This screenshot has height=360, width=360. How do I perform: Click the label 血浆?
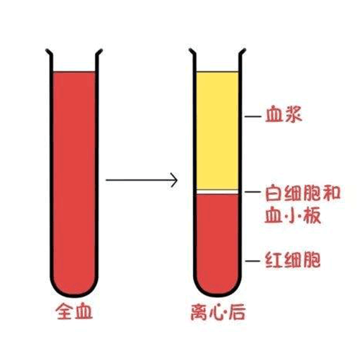click(284, 115)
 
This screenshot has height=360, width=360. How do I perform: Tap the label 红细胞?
click(293, 260)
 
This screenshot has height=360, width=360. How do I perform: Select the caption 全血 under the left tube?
click(74, 311)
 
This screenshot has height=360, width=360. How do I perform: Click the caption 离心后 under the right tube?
click(218, 312)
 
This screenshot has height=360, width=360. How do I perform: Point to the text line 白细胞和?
click(302, 193)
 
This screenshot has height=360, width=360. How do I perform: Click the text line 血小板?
click(293, 215)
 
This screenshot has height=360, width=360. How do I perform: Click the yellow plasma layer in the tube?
click(217, 131)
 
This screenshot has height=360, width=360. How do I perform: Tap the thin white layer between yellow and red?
click(217, 192)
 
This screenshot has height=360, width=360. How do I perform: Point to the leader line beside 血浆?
click(253, 117)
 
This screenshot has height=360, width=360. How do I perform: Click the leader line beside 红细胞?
click(253, 261)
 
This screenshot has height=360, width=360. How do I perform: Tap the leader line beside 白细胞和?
click(253, 192)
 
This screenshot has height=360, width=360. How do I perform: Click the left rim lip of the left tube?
click(48, 52)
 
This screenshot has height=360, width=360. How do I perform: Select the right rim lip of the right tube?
click(243, 52)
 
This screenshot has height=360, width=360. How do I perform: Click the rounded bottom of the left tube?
click(74, 296)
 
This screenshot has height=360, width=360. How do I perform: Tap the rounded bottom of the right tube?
click(217, 295)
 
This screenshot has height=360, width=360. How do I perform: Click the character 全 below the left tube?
click(64, 311)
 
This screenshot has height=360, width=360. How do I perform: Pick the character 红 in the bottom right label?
click(274, 260)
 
